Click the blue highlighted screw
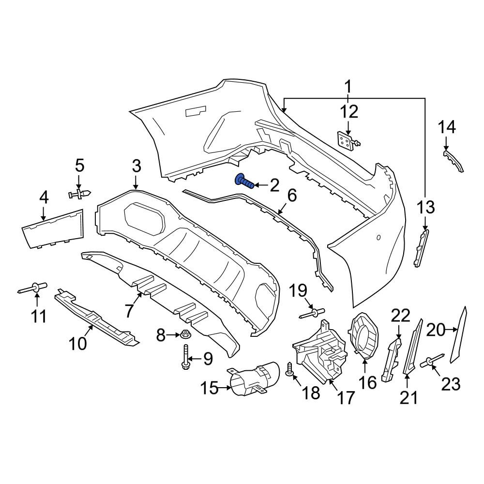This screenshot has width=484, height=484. click(244, 181)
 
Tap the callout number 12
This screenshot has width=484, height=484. click(349, 111)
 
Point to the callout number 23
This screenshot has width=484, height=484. click(451, 384)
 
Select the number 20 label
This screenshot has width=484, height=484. click(436, 330)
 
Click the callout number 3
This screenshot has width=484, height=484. click(136, 166)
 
